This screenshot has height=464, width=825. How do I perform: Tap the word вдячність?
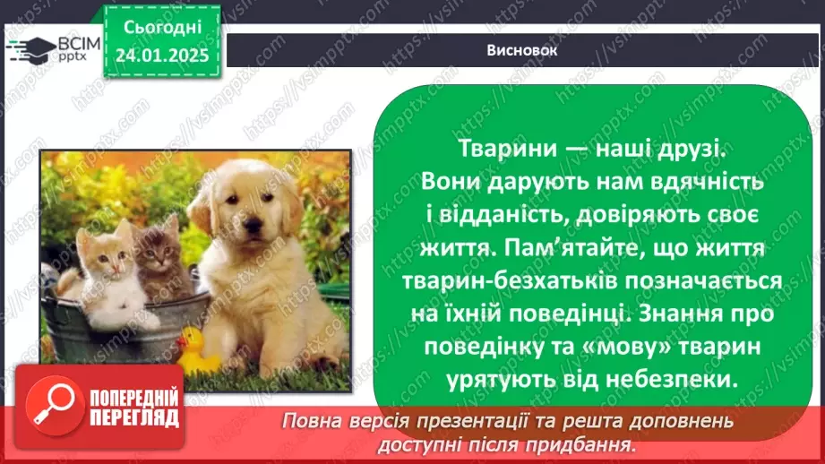(x=707, y=182)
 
